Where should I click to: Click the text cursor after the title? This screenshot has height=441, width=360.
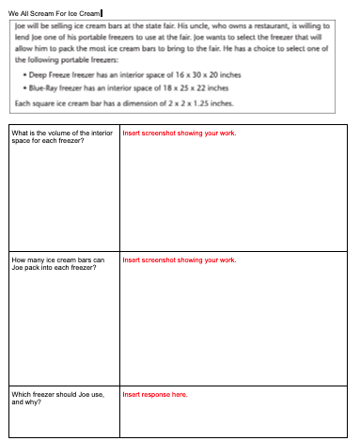pyautogui.click(x=116, y=11)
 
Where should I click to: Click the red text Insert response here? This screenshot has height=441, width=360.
pyautogui.click(x=155, y=394)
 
